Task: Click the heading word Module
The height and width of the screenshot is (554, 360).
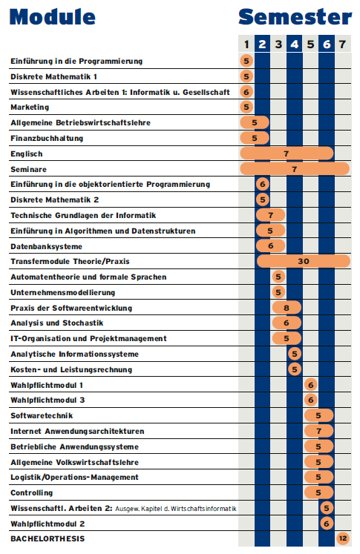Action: click(x=53, y=17)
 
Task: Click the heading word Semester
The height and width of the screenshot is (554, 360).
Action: click(x=295, y=17)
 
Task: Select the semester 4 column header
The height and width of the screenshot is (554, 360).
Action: click(x=295, y=44)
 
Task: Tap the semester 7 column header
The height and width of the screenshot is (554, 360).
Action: click(x=342, y=44)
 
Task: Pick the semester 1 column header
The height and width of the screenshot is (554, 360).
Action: click(x=246, y=44)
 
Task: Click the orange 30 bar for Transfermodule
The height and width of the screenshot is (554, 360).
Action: click(x=304, y=262)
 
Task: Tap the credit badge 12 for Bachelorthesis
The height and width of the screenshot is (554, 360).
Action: click(x=343, y=538)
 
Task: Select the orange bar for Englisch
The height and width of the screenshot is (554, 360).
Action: click(x=287, y=154)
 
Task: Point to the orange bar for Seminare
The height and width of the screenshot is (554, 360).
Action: click(x=295, y=169)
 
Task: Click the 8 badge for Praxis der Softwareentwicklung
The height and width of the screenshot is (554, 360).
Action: click(x=287, y=308)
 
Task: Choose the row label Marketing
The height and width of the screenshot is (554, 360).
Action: click(x=30, y=107)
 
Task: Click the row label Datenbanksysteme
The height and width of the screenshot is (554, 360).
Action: click(x=46, y=247)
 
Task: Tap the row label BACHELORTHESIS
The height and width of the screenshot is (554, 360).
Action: click(x=48, y=539)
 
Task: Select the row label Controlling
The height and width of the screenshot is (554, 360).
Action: click(x=32, y=493)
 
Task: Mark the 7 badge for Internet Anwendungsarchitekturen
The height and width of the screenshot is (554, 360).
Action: click(x=319, y=431)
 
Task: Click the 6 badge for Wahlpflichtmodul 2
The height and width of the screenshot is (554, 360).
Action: click(x=327, y=524)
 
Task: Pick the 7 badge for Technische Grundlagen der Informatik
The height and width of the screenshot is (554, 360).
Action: click(x=270, y=215)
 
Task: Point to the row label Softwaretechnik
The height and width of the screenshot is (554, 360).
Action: click(x=42, y=415)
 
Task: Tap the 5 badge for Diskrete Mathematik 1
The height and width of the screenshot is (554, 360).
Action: click(x=246, y=76)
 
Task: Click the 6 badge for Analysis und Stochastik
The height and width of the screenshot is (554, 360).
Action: click(x=287, y=323)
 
